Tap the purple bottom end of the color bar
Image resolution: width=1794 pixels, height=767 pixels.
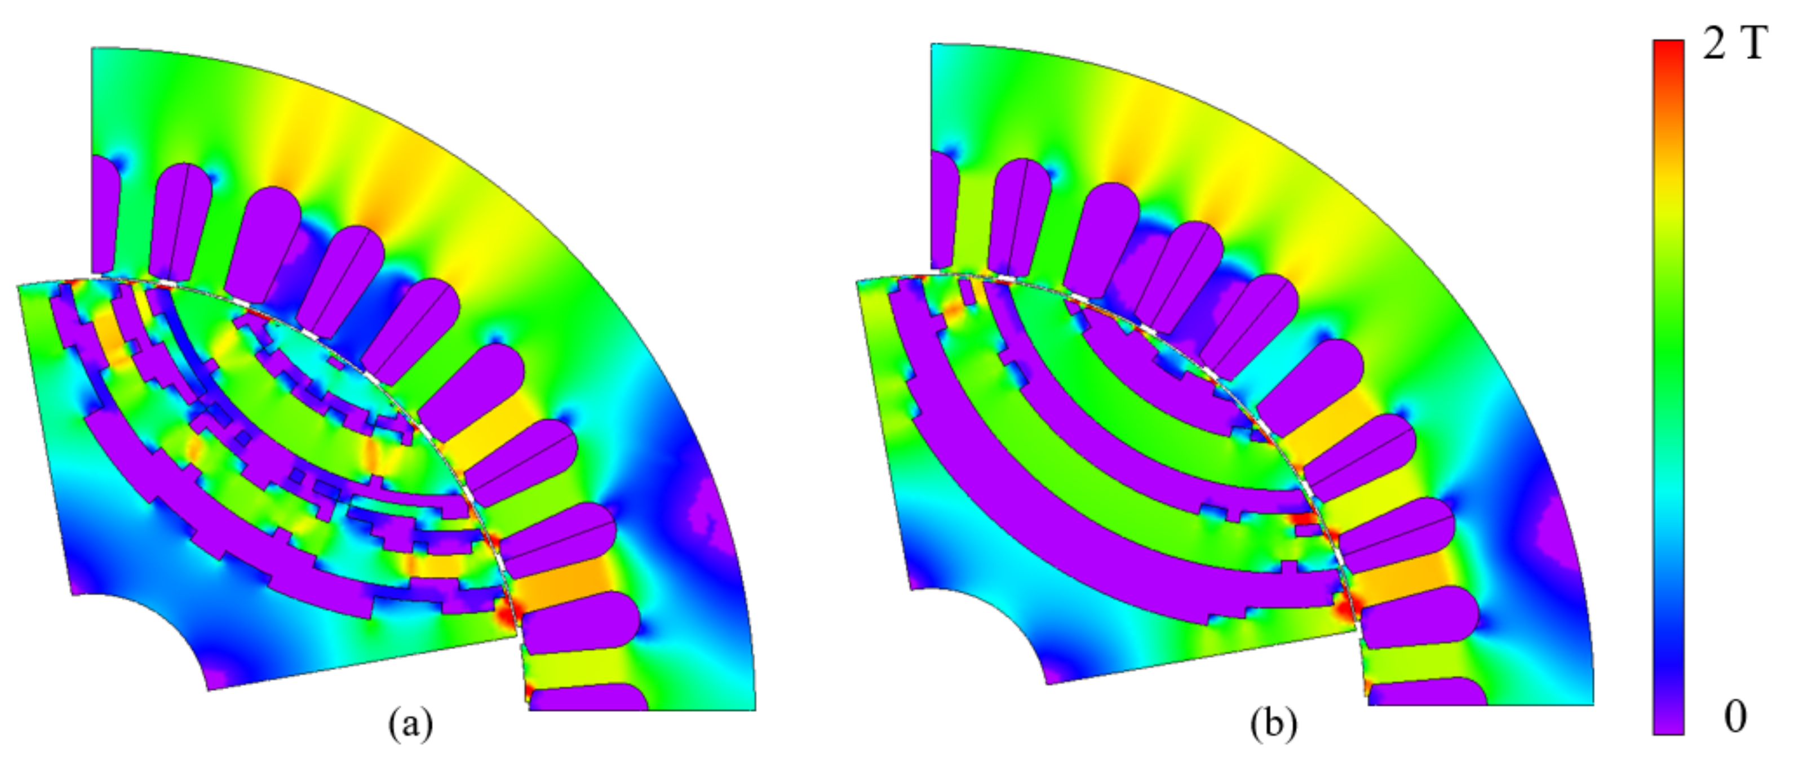[x=1669, y=724]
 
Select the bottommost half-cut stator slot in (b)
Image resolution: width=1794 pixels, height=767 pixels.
[x=1428, y=693]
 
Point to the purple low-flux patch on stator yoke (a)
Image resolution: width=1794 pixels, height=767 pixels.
[x=703, y=522]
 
